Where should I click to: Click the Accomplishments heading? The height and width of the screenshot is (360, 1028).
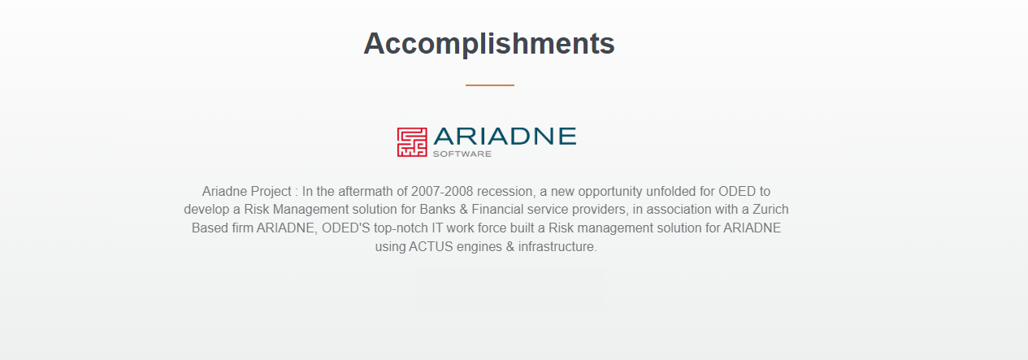pos(489,44)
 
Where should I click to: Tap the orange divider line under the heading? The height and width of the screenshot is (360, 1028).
pos(490,85)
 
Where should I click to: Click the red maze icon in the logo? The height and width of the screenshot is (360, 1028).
pos(412,142)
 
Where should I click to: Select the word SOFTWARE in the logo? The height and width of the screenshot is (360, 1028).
pos(462,154)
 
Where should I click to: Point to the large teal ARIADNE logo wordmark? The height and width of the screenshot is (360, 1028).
pos(505,137)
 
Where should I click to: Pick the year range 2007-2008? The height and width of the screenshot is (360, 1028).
pos(442,191)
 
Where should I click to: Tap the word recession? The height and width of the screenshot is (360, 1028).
pos(505,192)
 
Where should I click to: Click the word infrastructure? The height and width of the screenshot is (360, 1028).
pos(557,246)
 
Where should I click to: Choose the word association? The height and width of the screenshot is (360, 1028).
pos(675,210)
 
